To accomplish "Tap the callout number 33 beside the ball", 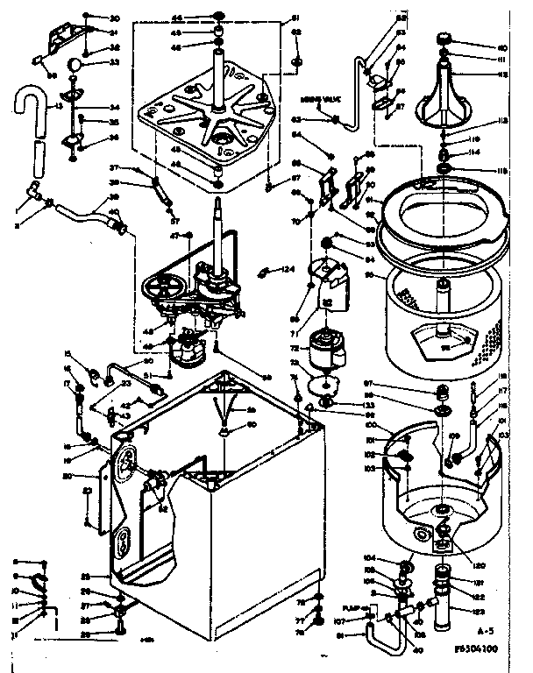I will pyautogui.click(x=115, y=62).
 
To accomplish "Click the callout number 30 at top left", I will pyautogui.click(x=115, y=18).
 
